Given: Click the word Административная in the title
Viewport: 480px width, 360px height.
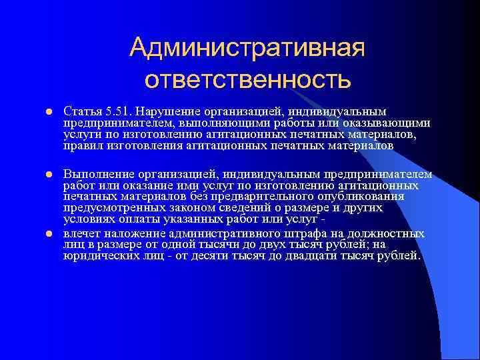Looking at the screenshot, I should (248, 47).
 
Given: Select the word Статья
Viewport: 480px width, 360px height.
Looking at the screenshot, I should (79, 109).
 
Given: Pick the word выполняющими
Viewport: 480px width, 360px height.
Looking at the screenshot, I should (213, 122).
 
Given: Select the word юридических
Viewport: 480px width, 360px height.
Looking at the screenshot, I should (98, 255).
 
